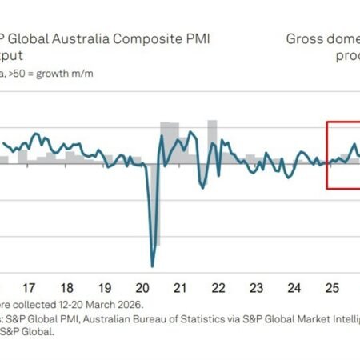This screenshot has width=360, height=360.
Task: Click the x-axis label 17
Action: pos(30,286)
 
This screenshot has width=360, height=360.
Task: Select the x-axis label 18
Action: pos(67,286)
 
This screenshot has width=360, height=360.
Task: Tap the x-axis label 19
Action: pos(105,286)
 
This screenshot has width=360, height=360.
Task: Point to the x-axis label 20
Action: pos(143,286)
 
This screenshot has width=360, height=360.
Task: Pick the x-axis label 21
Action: pos(181,286)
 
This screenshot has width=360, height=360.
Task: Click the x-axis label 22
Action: pos(218,286)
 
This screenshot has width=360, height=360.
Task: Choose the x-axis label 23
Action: pos(256,286)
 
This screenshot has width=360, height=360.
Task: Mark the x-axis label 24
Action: pos(294,286)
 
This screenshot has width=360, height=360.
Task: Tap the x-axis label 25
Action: pos(331,286)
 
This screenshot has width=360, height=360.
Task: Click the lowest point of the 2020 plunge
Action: pos(152,266)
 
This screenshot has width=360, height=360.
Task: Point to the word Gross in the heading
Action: pos(304,38)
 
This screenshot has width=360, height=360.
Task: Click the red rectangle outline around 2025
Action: pos(327,156)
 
